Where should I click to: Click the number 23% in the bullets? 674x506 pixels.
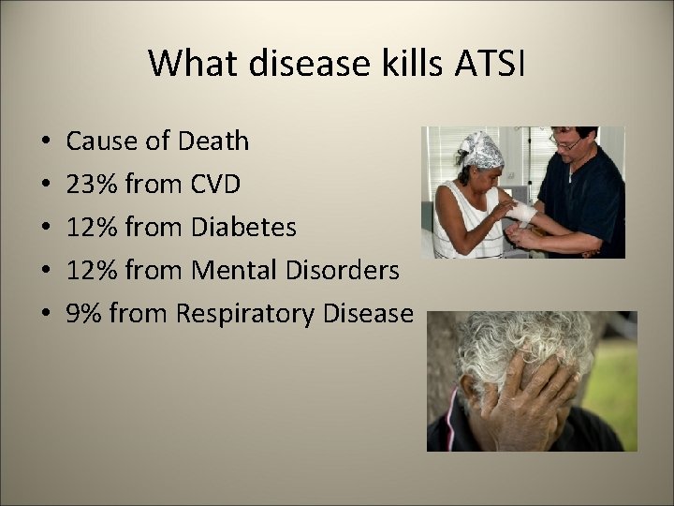[91, 185]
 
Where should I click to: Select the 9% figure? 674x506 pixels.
[83, 314]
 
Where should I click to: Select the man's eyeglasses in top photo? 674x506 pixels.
[567, 143]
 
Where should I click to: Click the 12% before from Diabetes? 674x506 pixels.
[91, 228]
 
